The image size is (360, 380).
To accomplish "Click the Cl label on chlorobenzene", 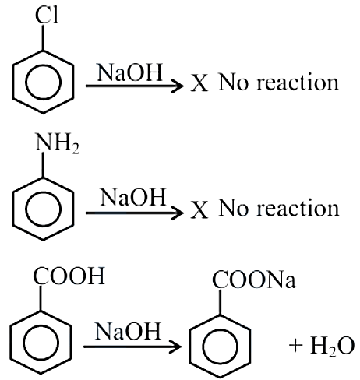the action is pos(47,16).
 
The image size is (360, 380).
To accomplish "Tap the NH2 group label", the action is pos(57,142).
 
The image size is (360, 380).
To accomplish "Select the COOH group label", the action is pos(69,276).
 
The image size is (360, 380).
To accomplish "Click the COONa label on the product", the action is pos(254,280).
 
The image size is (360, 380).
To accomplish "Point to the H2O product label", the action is pos(333,347).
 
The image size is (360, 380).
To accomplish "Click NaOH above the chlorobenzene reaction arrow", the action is pos(129,72).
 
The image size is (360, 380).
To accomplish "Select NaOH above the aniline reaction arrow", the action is pos(133,197).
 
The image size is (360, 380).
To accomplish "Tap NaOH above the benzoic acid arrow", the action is pos(128,331).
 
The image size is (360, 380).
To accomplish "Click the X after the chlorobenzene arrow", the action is pos(199,83).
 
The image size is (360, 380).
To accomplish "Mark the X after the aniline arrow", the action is pos(199,209).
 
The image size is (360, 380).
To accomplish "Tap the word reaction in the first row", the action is pos(298,83).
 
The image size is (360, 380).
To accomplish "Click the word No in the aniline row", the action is pos(233,209).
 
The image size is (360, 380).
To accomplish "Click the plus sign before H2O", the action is pos(296,346).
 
